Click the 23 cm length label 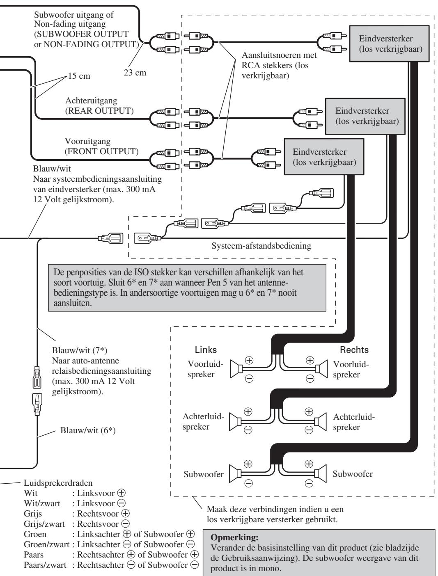(x=135, y=73)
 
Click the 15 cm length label (x=79, y=76)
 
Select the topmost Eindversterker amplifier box (x=389, y=43)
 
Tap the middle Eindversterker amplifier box (x=365, y=116)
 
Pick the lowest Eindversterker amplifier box (x=324, y=157)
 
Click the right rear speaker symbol (x=320, y=422)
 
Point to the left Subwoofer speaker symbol (x=235, y=474)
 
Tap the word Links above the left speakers (x=206, y=350)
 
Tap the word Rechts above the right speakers (x=354, y=350)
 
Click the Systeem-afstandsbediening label (x=261, y=246)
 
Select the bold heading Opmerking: (x=234, y=537)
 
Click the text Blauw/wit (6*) (x=88, y=430)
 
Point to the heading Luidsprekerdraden (x=58, y=483)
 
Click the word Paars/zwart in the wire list (x=45, y=565)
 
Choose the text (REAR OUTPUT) (x=99, y=111)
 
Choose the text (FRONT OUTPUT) (x=101, y=151)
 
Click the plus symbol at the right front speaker (x=310, y=360)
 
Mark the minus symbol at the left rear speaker (x=248, y=430)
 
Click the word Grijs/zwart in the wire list (x=44, y=524)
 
